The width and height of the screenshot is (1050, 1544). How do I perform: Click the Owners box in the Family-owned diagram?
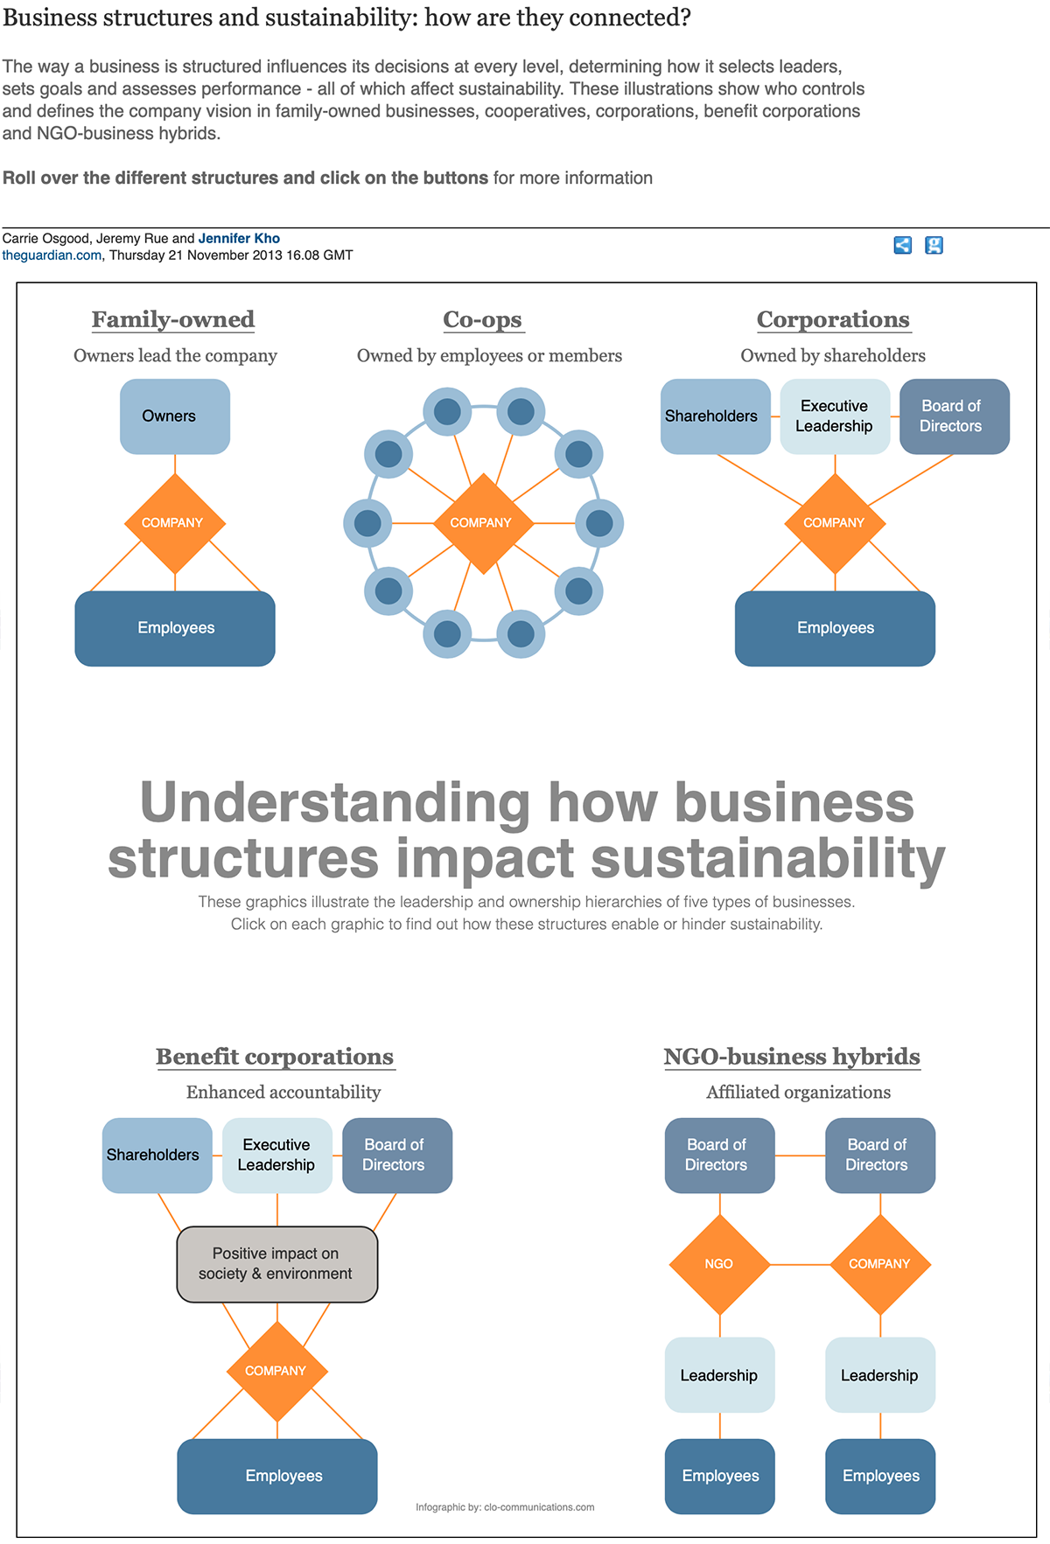175,416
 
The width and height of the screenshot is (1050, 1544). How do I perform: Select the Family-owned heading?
173,319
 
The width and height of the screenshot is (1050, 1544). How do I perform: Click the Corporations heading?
833,319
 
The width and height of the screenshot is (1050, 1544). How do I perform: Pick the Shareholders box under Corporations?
715,416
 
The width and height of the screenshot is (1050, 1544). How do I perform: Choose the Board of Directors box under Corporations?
954,416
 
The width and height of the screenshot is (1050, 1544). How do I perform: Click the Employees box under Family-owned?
175,628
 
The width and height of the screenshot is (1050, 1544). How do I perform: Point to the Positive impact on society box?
276,1264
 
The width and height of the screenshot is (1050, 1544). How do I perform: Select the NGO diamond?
719,1264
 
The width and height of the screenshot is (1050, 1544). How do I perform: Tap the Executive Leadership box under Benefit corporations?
276,1155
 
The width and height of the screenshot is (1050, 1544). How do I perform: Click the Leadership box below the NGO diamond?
719,1375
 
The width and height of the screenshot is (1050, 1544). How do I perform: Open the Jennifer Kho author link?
239,238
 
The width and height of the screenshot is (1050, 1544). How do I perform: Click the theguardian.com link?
52,255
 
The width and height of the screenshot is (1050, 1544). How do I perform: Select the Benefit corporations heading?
275,1057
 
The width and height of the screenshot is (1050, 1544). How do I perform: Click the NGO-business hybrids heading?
792,1057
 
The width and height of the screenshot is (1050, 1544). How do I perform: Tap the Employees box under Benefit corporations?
276,1476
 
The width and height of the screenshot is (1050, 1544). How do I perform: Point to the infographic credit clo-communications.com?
505,1507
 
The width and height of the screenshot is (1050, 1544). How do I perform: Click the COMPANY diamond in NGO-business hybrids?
880,1264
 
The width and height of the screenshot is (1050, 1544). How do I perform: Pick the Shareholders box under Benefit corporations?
157,1155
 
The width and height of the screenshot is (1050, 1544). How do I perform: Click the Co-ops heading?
483,319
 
